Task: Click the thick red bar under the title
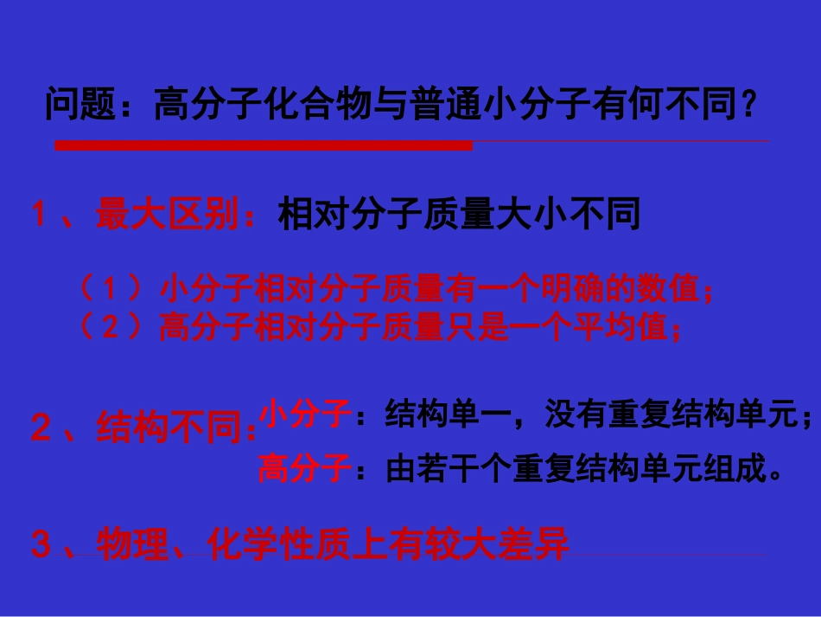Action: (264, 145)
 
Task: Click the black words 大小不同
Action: (567, 215)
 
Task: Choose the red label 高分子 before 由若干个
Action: (303, 470)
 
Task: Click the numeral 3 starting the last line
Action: (40, 546)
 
